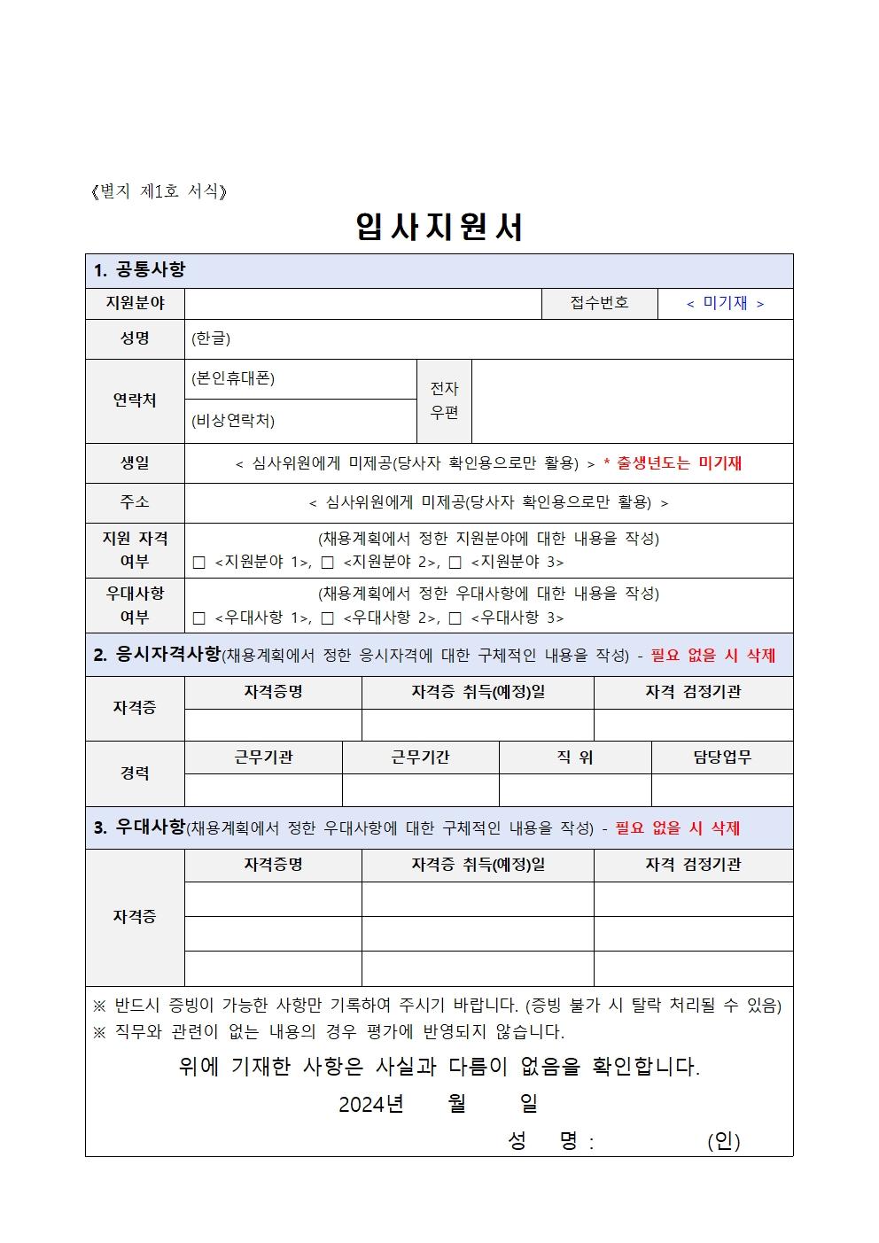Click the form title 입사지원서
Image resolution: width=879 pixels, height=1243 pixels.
439,227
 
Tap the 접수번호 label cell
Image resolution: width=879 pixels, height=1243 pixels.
599,303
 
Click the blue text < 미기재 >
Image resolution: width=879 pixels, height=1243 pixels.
725,303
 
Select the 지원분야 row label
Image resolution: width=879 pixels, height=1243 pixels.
135,303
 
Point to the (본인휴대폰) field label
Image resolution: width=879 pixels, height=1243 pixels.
233,378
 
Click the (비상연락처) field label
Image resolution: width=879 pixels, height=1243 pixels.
233,421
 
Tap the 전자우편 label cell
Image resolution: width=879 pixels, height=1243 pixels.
444,400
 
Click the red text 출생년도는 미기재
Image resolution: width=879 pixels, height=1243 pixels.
679,462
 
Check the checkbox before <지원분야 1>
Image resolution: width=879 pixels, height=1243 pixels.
198,563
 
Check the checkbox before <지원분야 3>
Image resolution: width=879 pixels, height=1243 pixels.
455,563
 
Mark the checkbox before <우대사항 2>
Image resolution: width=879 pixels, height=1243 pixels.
328,618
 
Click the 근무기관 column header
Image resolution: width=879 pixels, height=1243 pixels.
263,757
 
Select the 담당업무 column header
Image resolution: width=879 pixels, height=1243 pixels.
722,757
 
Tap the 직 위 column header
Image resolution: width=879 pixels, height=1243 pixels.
575,757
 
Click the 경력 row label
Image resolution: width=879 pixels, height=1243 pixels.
135,773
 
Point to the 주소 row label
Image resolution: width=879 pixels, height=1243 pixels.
135,502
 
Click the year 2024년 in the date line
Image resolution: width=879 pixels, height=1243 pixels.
370,1104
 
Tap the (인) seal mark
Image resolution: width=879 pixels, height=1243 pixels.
723,1141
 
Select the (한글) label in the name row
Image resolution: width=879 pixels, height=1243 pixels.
211,338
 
